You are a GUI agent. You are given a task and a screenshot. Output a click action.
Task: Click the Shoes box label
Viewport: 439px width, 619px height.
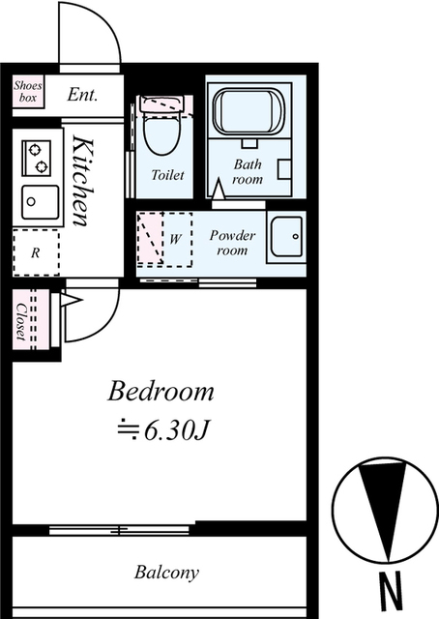28,91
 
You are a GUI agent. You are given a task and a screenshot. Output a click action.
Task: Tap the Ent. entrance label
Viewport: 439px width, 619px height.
82,95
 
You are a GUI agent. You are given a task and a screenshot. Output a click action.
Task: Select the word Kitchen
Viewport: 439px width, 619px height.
84,181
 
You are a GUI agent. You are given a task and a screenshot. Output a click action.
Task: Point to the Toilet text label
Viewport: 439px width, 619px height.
168,174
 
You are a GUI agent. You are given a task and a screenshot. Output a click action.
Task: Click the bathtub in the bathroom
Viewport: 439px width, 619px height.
249,112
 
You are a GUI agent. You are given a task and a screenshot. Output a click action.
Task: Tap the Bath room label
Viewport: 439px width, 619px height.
248,171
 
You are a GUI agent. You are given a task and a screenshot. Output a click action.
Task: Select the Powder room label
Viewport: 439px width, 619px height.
232,243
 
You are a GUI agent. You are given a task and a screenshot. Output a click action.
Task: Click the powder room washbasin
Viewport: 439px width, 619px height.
286,237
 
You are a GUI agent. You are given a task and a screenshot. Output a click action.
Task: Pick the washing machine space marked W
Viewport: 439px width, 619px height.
176,240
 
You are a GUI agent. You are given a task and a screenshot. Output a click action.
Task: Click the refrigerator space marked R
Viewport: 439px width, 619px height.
36,252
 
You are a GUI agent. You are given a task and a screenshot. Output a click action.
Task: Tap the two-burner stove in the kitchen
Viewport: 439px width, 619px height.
36,158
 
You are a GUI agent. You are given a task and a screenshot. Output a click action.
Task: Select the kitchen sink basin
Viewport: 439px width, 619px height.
41,202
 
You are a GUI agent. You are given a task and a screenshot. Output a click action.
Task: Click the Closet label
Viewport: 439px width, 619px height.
20,321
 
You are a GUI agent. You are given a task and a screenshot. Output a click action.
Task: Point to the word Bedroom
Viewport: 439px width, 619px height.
161,391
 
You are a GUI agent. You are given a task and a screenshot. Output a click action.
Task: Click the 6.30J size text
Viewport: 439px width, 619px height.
176,430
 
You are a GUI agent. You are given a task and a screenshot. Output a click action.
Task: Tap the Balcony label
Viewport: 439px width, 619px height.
166,573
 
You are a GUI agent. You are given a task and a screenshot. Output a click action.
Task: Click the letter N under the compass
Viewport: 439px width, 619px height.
390,592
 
